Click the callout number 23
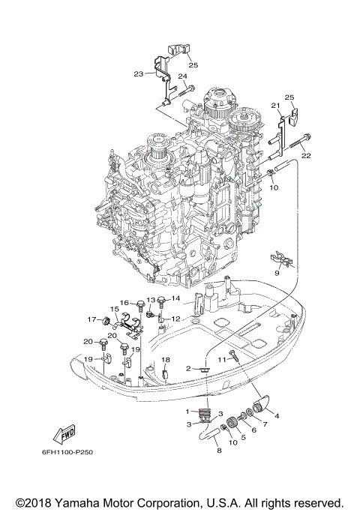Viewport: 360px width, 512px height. pos(138,73)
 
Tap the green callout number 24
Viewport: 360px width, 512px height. pos(182,76)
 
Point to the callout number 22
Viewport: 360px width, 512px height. pos(305,155)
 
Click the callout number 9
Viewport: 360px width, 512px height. pos(277,274)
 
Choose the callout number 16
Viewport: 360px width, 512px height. pos(125,303)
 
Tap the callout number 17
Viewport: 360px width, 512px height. pos(91,319)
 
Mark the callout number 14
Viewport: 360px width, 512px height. pos(175,299)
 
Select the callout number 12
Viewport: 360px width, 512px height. pos(176,319)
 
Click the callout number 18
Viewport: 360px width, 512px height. pos(166,360)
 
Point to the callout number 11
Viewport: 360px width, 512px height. pos(221,361)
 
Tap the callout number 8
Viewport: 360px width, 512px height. pos(219,452)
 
